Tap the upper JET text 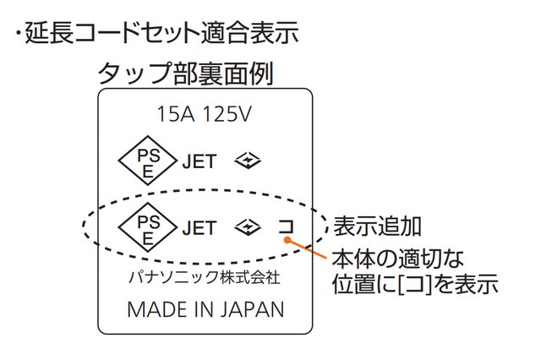[x=199, y=161]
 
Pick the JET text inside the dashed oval [x=199, y=227]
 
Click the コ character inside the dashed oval [x=287, y=226]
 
